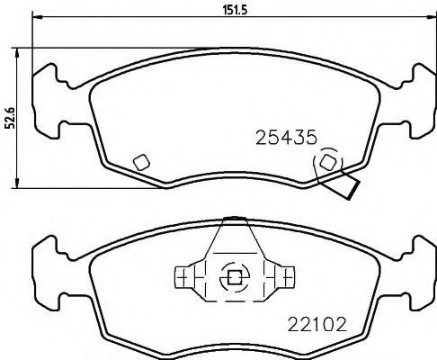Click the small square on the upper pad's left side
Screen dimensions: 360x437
point(140,162)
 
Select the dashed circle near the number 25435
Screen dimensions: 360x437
point(327,163)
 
